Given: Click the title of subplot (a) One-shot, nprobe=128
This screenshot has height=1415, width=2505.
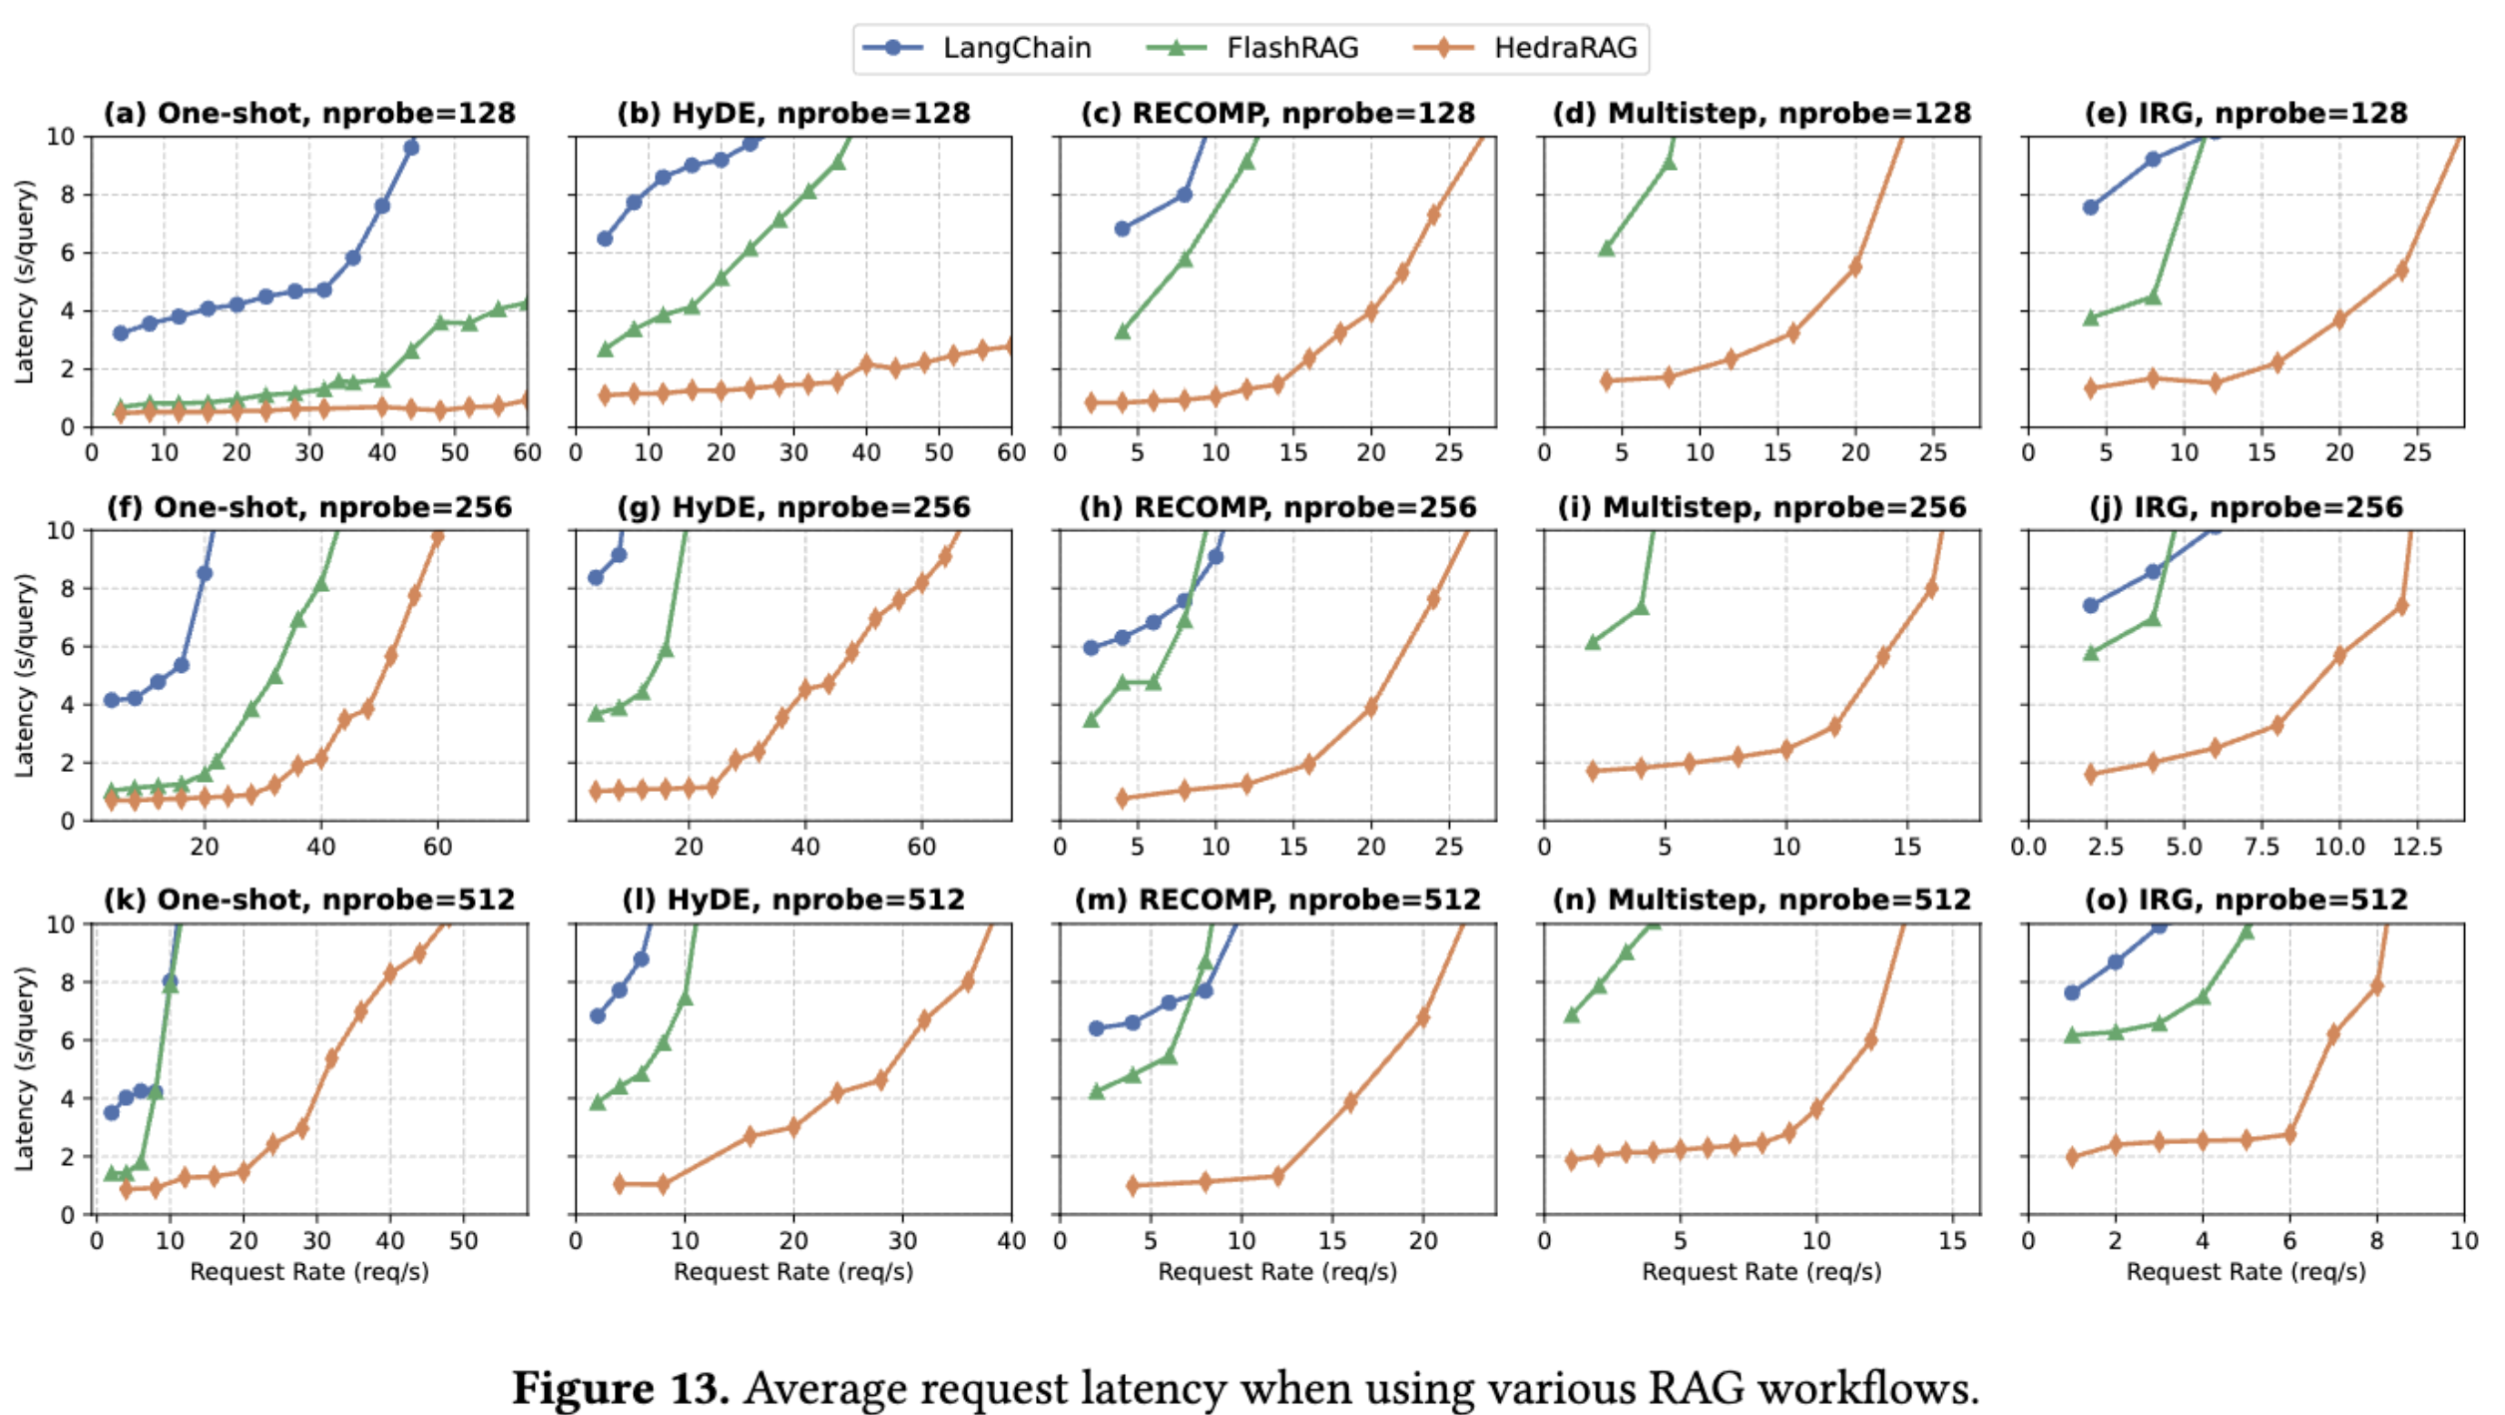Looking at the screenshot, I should (309, 114).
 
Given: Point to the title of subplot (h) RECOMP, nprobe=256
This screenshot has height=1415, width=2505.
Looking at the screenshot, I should (1277, 507).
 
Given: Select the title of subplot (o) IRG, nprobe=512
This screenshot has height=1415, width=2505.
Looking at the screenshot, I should (2246, 899).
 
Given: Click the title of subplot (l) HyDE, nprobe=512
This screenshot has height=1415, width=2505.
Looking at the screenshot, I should (792, 899).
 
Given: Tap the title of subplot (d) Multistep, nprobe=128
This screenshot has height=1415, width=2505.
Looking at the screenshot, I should (1761, 114).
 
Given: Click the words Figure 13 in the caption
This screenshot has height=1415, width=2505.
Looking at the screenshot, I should (620, 1387).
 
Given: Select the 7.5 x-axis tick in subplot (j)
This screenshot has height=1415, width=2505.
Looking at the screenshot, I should (2262, 847).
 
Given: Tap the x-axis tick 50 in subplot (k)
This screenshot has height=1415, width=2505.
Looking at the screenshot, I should (463, 1241).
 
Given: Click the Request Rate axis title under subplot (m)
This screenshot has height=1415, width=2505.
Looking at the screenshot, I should (1277, 1272).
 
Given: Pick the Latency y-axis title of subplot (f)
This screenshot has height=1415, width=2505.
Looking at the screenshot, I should (25, 675).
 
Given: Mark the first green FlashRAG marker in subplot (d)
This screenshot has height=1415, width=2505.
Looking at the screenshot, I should (1606, 249).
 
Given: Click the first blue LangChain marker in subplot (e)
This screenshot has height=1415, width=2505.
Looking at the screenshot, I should (2091, 207).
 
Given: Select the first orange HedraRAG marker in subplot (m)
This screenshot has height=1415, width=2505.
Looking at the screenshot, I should (1132, 1186).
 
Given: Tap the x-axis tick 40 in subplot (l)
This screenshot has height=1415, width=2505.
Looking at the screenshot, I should (1011, 1241).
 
